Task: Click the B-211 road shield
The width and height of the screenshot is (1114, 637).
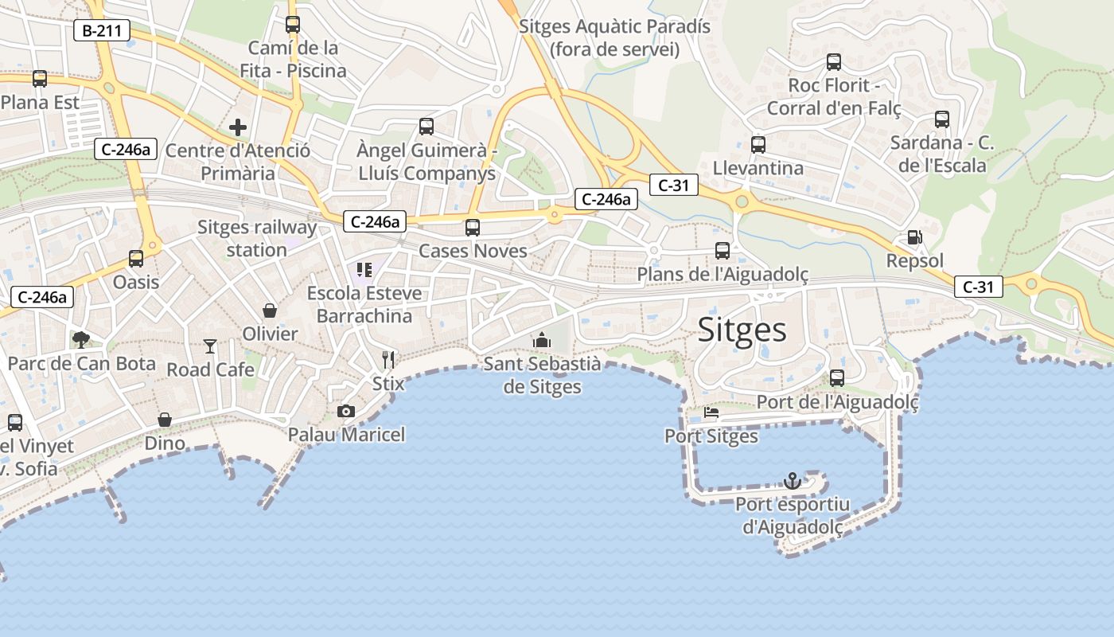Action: click(101, 31)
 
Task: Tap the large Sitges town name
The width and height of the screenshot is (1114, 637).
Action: click(742, 330)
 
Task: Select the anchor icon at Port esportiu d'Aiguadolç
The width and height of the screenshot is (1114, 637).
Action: click(793, 480)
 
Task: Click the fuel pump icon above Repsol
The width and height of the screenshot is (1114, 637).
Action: click(915, 237)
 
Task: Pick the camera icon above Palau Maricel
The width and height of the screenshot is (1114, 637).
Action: click(345, 411)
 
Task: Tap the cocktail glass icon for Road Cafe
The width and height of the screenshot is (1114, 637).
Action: click(210, 346)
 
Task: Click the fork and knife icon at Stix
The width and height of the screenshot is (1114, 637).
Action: click(388, 359)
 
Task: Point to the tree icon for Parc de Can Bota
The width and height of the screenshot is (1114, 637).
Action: click(80, 340)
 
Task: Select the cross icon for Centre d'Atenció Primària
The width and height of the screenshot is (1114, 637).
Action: click(237, 127)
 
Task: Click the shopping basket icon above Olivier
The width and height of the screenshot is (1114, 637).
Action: click(270, 310)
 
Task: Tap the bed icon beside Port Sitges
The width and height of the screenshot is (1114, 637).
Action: click(711, 413)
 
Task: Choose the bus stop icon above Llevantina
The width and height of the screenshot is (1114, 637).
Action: click(758, 144)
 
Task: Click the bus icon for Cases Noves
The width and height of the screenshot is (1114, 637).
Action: click(473, 227)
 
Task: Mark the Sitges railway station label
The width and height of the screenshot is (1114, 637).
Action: click(256, 238)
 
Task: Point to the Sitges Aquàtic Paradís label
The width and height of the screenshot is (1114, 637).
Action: click(614, 37)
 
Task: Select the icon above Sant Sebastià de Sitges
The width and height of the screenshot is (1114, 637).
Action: click(542, 340)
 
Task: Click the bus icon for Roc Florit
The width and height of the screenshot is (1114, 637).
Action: click(833, 61)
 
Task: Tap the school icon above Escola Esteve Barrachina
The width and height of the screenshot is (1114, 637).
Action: click(364, 270)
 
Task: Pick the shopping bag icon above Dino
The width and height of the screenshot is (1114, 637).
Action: click(165, 420)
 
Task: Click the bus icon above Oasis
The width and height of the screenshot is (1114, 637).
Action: click(136, 258)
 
